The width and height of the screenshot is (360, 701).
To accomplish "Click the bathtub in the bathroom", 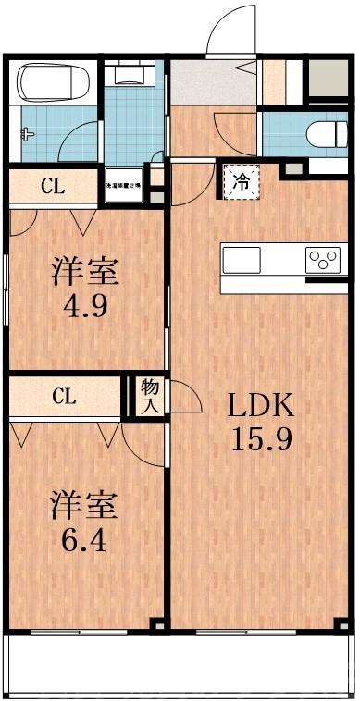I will tap(53, 84).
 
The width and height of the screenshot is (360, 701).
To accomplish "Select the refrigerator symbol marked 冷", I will tap(240, 180).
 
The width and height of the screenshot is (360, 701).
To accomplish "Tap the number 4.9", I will tap(85, 304).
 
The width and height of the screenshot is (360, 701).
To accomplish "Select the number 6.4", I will tap(83, 537).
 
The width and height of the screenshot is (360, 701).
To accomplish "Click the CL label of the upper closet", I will tap(52, 185).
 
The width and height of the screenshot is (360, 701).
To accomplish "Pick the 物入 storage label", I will tap(148, 397).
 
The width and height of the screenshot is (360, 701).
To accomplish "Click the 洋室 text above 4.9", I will tap(85, 272).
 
